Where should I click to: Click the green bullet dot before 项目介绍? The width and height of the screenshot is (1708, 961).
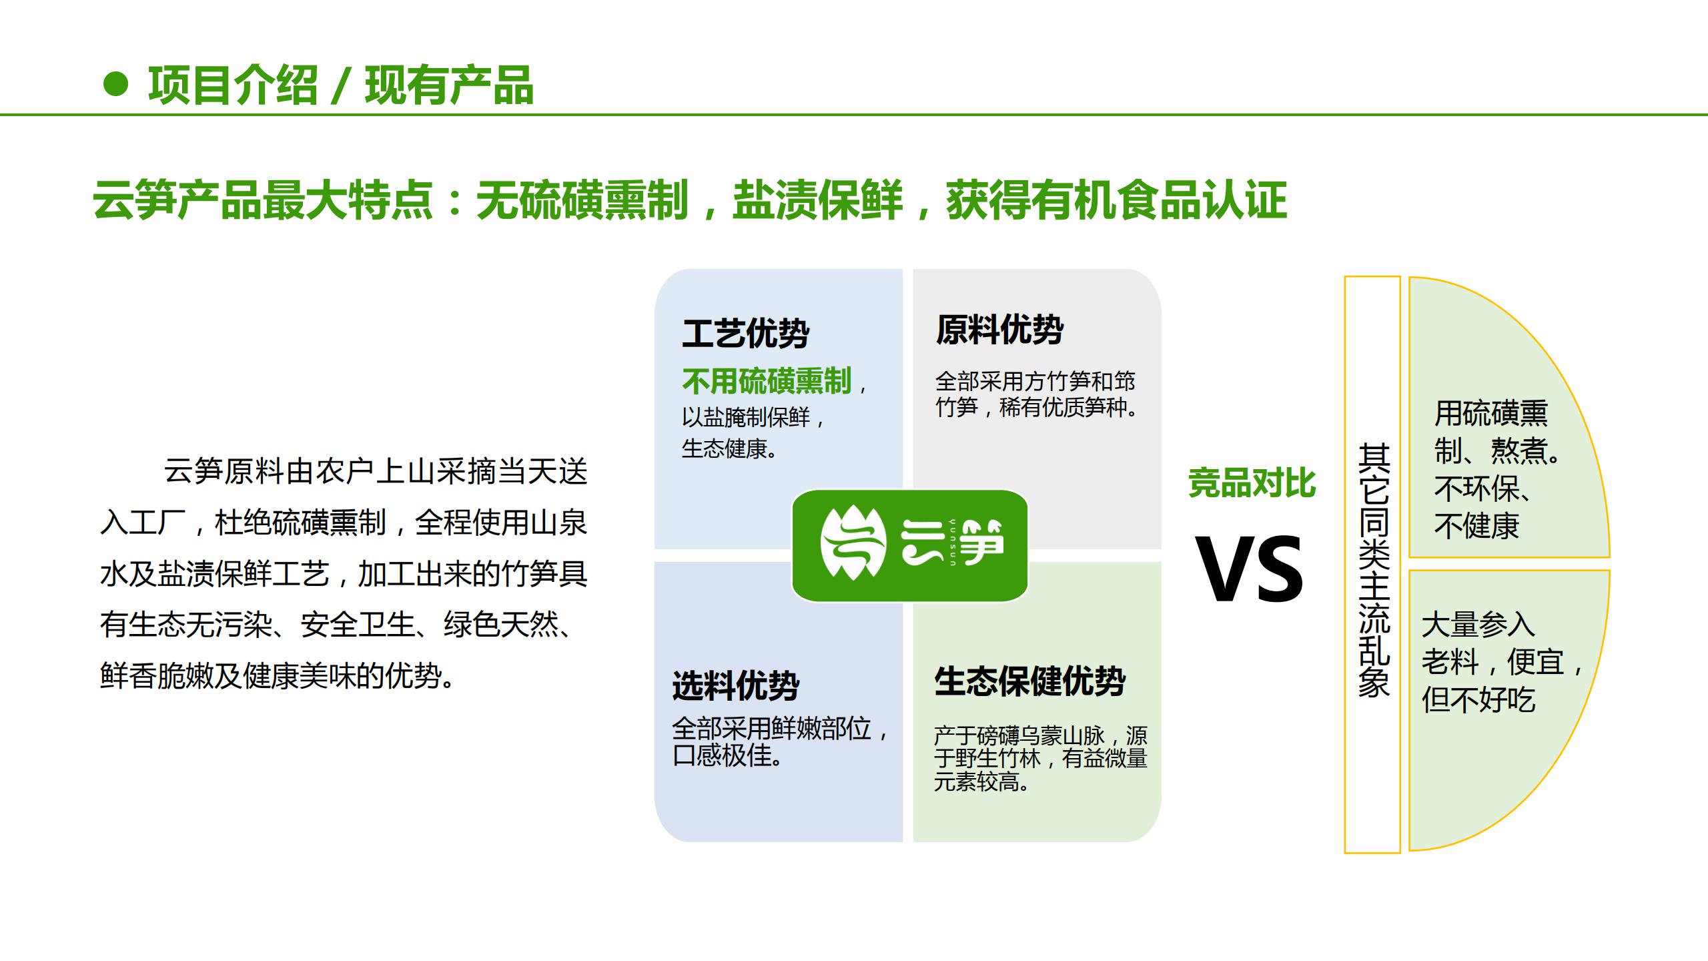coord(116,85)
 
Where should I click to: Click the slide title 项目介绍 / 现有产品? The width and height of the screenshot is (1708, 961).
coord(340,86)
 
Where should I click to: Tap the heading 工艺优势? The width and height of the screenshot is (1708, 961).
coord(745,333)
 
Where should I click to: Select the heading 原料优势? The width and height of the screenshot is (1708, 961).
coord(999,330)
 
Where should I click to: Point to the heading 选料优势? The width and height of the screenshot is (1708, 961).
coord(735,685)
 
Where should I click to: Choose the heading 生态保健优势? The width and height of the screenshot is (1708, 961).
coord(1029,682)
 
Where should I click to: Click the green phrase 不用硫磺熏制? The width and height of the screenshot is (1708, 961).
coord(767,382)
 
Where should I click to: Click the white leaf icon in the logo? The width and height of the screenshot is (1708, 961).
coord(853,544)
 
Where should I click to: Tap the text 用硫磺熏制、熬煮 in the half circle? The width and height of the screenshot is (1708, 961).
coord(1494,431)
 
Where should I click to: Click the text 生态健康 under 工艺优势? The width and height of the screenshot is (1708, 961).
coord(729,448)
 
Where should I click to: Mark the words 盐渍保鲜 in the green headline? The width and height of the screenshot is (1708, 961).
coord(817,200)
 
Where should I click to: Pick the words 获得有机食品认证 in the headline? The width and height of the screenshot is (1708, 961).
coord(1116,200)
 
